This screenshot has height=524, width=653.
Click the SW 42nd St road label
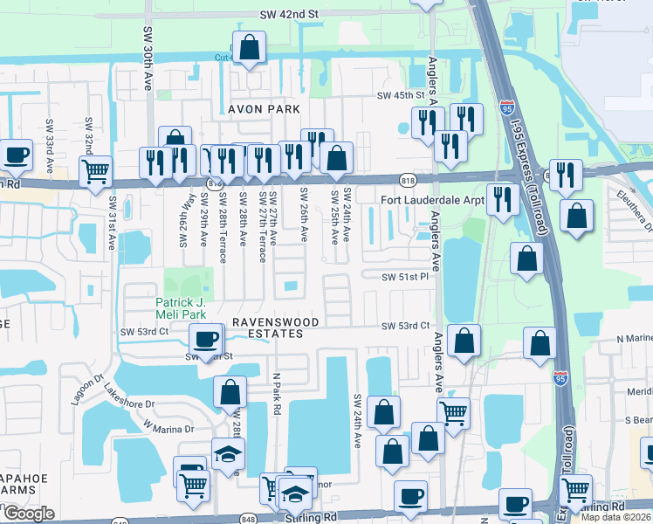[x=289, y=15]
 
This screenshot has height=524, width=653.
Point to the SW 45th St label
[x=399, y=95]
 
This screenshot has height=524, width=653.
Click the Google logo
[x=28, y=514]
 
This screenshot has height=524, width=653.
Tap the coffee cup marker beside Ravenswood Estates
[x=205, y=338]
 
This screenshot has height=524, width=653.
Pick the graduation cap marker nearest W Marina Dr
[x=228, y=453]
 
